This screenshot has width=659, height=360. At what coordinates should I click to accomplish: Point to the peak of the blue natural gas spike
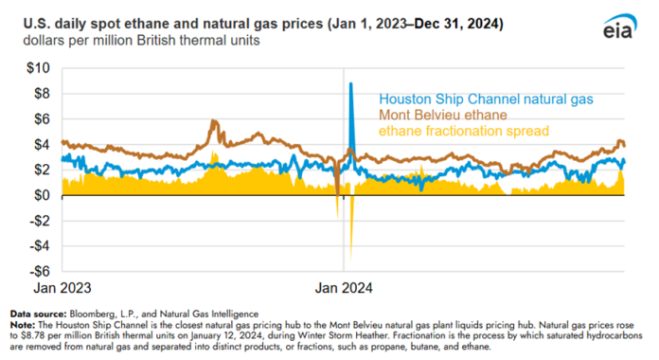click(351, 84)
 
